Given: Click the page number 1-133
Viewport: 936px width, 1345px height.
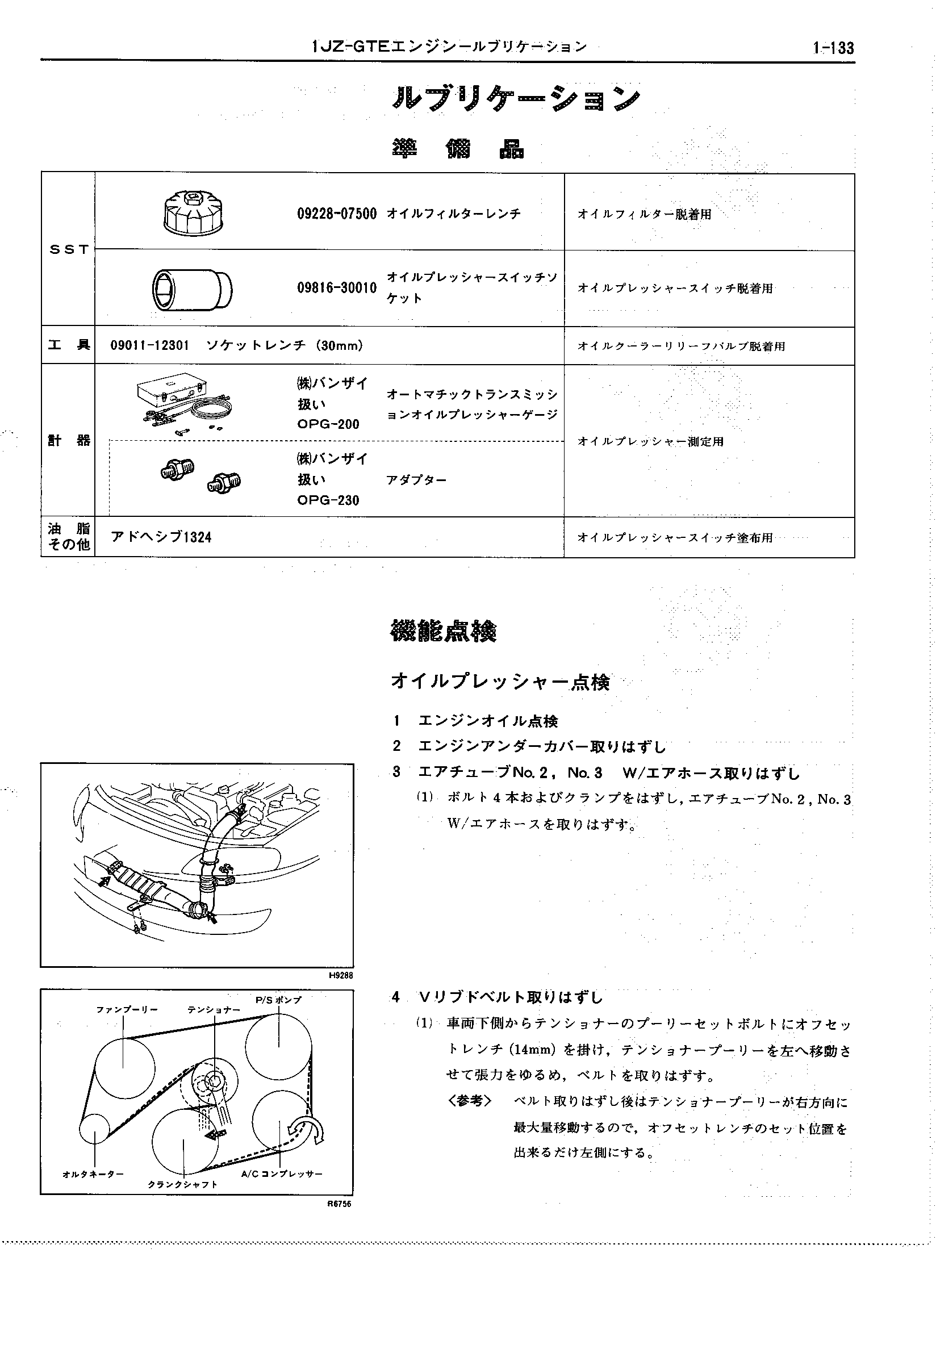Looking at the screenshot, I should click(x=832, y=48).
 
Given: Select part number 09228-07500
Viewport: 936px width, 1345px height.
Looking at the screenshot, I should click(x=336, y=214).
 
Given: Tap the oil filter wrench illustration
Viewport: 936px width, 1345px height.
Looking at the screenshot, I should click(x=193, y=212).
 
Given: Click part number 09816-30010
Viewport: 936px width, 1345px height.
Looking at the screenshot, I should click(x=336, y=287).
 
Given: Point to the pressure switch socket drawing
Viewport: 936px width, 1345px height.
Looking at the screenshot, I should click(x=191, y=288).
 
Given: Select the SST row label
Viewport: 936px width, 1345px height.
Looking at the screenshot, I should click(x=69, y=249).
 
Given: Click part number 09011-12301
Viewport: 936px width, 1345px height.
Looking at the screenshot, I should click(x=149, y=346).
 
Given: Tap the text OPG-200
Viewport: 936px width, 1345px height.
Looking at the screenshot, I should click(x=328, y=424).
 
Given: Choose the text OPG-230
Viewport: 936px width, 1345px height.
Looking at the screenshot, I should click(x=328, y=500).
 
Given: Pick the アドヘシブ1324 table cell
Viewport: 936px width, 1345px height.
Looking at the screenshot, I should click(x=161, y=537).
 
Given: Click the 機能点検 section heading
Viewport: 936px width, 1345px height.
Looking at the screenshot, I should click(x=443, y=632).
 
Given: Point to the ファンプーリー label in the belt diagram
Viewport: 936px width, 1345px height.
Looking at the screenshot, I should click(x=127, y=1010).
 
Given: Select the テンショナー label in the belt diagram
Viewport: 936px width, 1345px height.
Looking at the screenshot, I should click(x=214, y=1010).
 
